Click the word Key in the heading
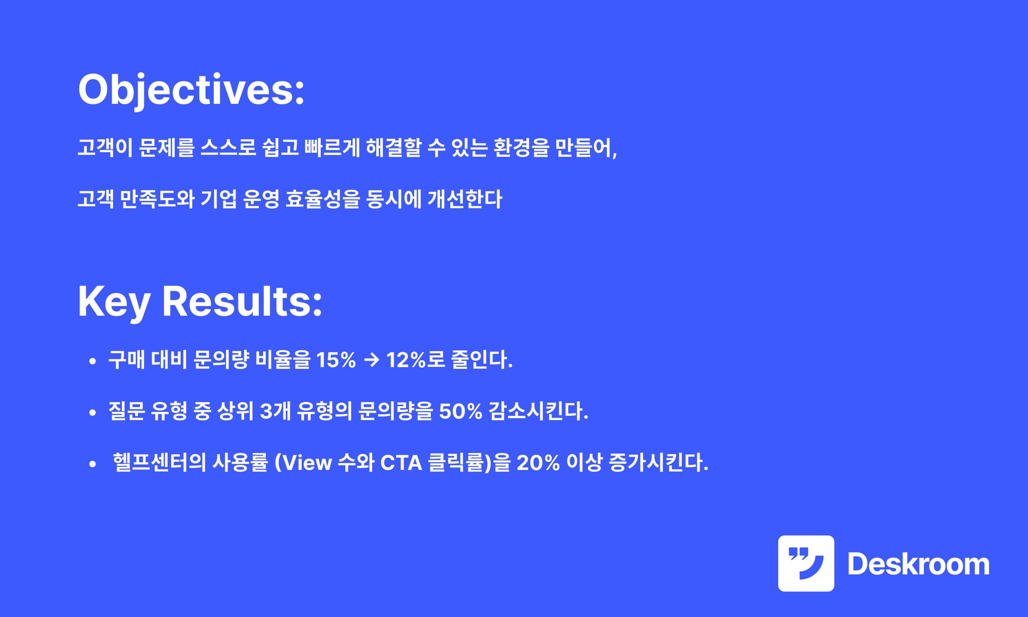coord(114,302)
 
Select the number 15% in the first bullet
coord(336,360)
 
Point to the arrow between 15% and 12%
coord(371,360)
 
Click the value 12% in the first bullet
coord(406,360)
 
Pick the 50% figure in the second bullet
coord(461,411)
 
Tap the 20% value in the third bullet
coord(538,463)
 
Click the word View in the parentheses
coord(307,463)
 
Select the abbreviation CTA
coord(401,463)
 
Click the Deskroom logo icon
coord(806,564)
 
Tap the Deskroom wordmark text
coord(919,564)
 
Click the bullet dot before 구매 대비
coord(93,361)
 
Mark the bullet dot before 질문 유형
coord(93,413)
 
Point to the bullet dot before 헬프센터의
coord(93,464)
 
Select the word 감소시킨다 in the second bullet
coord(538,411)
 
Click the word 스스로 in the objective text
coord(228,148)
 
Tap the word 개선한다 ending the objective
coord(465,199)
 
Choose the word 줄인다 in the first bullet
coord(482,359)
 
